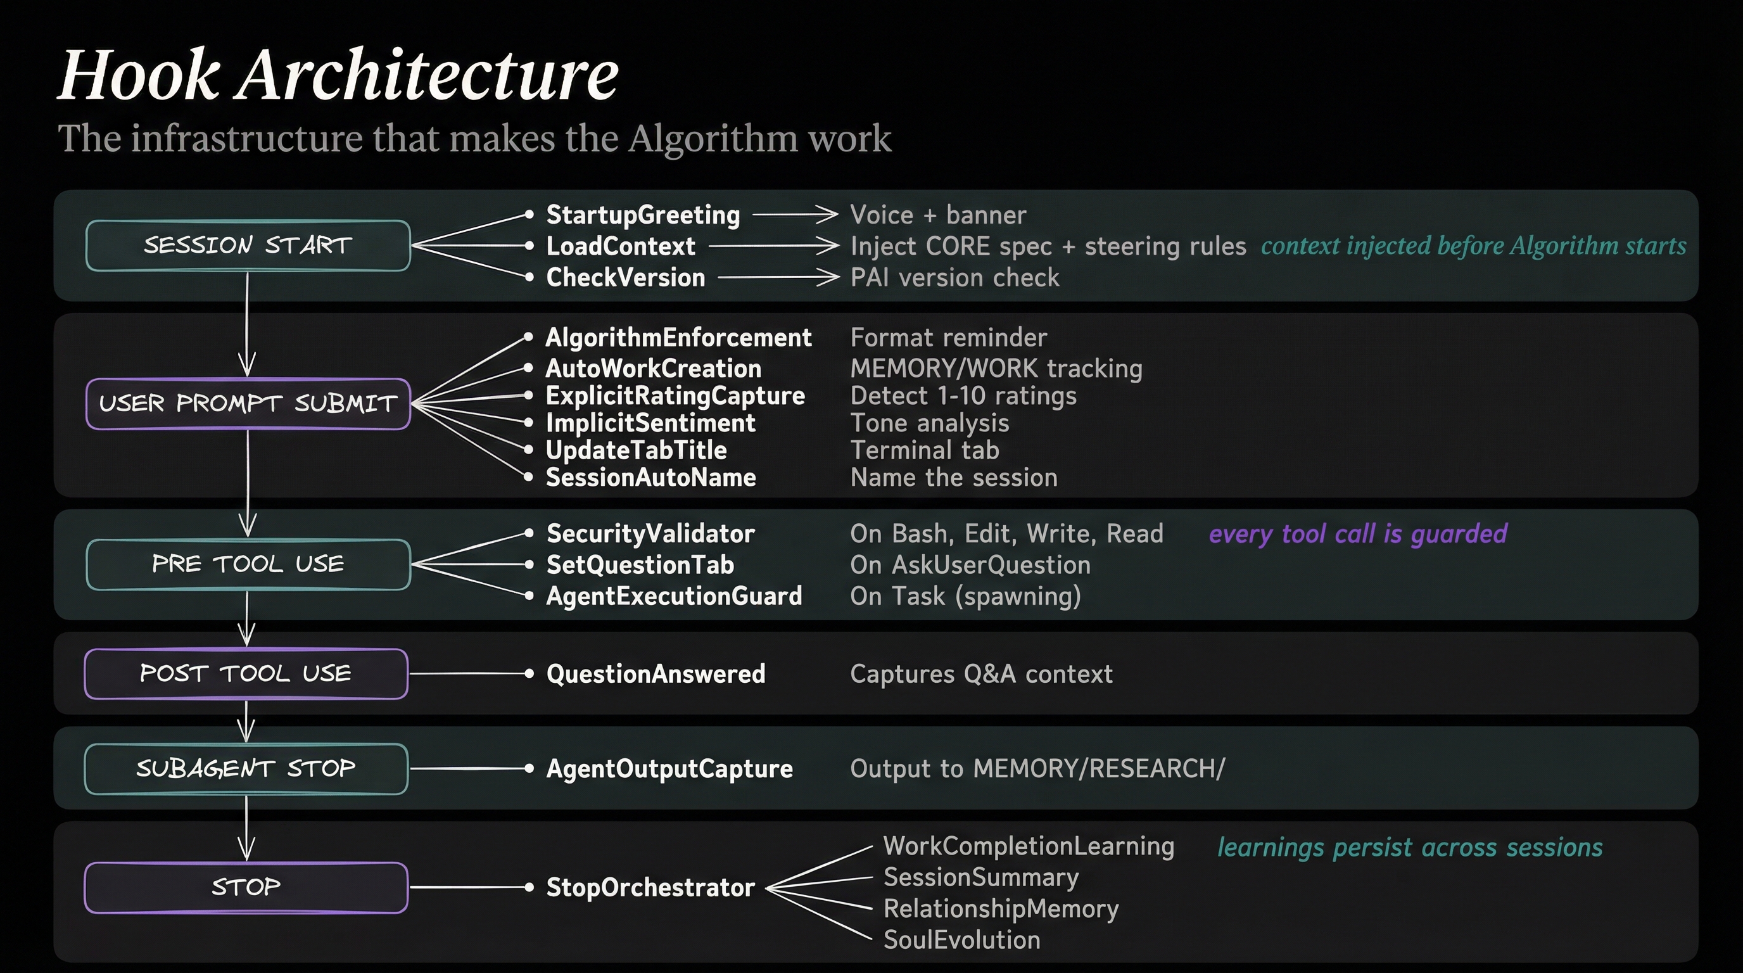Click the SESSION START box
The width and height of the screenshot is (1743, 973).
(x=248, y=245)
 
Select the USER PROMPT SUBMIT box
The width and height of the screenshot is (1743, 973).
(x=248, y=404)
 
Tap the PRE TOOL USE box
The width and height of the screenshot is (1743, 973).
(x=248, y=564)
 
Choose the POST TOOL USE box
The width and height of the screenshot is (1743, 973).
(x=246, y=673)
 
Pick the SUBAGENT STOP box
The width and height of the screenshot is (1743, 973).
(x=246, y=768)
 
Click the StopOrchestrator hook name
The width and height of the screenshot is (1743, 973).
(x=650, y=887)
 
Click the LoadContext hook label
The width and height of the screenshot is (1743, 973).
(x=620, y=246)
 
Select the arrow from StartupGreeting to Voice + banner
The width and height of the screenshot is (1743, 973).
(x=794, y=215)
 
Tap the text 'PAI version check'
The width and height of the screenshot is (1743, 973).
(x=954, y=277)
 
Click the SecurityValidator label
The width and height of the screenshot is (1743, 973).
(x=650, y=533)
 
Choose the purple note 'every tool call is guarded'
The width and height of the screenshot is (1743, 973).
(x=1357, y=533)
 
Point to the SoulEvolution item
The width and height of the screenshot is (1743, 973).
(x=961, y=940)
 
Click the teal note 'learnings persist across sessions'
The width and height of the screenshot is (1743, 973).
(x=1409, y=847)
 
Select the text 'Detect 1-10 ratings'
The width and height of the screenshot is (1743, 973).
(x=963, y=395)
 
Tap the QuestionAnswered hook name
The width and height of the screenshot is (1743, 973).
(x=655, y=673)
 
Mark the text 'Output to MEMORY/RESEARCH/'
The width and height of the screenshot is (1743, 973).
(x=1037, y=768)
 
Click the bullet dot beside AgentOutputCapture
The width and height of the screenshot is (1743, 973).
(x=529, y=768)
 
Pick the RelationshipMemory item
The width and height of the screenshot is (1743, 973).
(x=1000, y=909)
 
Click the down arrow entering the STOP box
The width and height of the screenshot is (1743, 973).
(x=246, y=839)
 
